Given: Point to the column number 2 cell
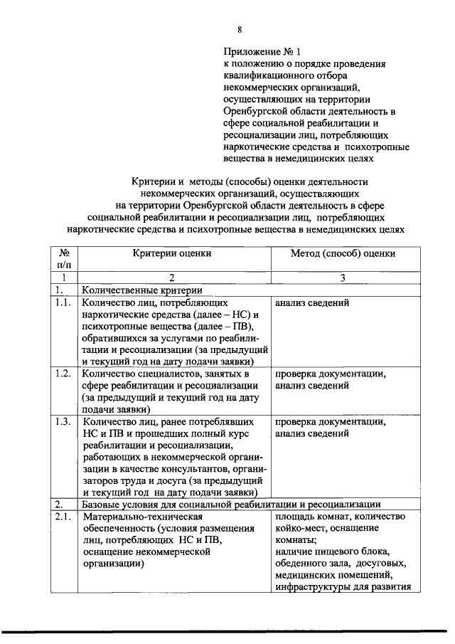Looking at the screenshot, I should tap(171, 278).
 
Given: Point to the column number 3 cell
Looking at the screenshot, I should tap(343, 278).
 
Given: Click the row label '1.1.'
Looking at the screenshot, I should tap(63, 303).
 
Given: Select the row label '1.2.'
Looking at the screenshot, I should tap(63, 374).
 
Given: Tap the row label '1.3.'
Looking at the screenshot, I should tap(63, 421).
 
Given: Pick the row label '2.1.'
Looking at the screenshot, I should tap(63, 517).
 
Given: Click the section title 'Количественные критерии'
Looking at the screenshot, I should tap(141, 290).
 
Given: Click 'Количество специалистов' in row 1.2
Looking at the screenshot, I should tap(141, 374).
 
